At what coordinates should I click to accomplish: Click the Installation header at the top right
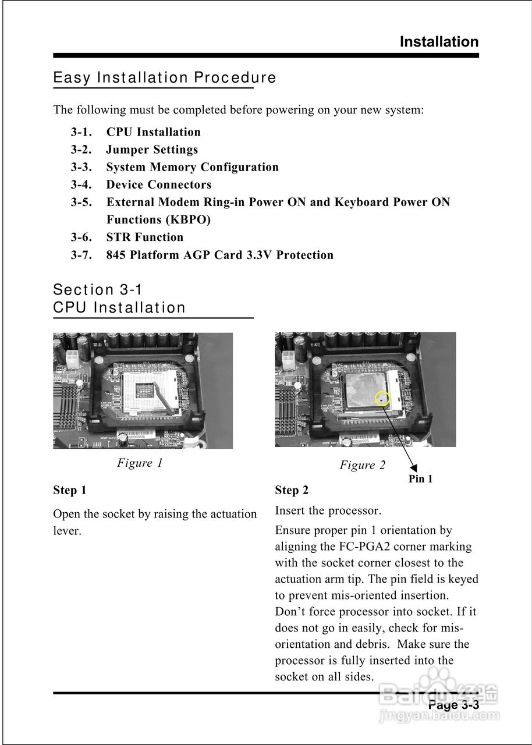click(x=439, y=42)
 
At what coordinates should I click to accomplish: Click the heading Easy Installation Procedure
click(x=164, y=77)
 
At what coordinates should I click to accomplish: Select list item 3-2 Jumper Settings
click(x=151, y=150)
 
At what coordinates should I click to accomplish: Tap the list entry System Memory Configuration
click(x=192, y=167)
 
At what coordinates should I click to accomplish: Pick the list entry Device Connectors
click(x=158, y=185)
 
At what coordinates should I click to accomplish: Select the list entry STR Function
click(x=144, y=237)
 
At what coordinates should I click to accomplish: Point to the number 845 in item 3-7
click(x=116, y=255)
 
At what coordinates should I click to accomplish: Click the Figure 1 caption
click(x=140, y=463)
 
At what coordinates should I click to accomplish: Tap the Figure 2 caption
click(x=362, y=465)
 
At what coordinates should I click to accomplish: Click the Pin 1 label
click(x=420, y=479)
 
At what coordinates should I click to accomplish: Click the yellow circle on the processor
click(x=382, y=399)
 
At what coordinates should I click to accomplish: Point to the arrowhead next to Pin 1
click(x=414, y=467)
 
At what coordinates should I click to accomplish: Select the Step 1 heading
click(x=70, y=490)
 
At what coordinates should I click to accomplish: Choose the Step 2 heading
click(x=292, y=490)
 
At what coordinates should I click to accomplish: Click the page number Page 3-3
click(x=453, y=705)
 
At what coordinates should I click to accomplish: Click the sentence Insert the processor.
click(x=328, y=511)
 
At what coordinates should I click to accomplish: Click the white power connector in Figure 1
click(x=72, y=358)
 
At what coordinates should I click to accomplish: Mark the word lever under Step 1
click(x=66, y=531)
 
